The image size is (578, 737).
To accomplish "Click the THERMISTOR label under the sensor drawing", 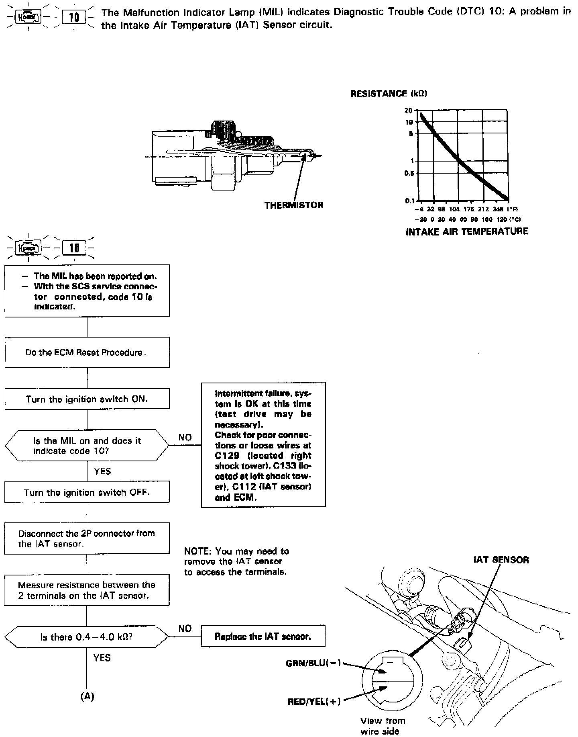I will tap(293, 205).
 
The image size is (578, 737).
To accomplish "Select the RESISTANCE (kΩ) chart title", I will tap(389, 94).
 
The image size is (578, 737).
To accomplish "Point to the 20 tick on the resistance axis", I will tap(409, 111).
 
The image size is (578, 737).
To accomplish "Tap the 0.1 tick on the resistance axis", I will tap(409, 200).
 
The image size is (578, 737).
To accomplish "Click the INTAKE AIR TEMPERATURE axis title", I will tap(467, 231).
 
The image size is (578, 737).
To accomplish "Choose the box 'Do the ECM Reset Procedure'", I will tap(87, 352).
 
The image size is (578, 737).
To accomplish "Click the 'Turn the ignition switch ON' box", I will tap(87, 399).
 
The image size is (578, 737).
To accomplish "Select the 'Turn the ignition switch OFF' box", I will tap(87, 492).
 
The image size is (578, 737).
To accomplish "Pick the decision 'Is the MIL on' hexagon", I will tap(87, 446).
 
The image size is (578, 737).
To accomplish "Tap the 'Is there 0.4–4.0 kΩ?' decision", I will tap(87, 637).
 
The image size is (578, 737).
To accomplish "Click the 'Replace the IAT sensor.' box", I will tap(263, 637).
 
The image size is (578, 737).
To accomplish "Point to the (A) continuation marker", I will tap(87, 696).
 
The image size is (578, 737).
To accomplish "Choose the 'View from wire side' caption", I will tap(383, 726).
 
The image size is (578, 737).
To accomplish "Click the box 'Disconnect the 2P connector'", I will tap(87, 538).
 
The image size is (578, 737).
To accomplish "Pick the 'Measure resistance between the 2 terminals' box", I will tap(87, 590).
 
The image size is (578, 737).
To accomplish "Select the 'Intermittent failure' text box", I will tap(263, 445).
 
